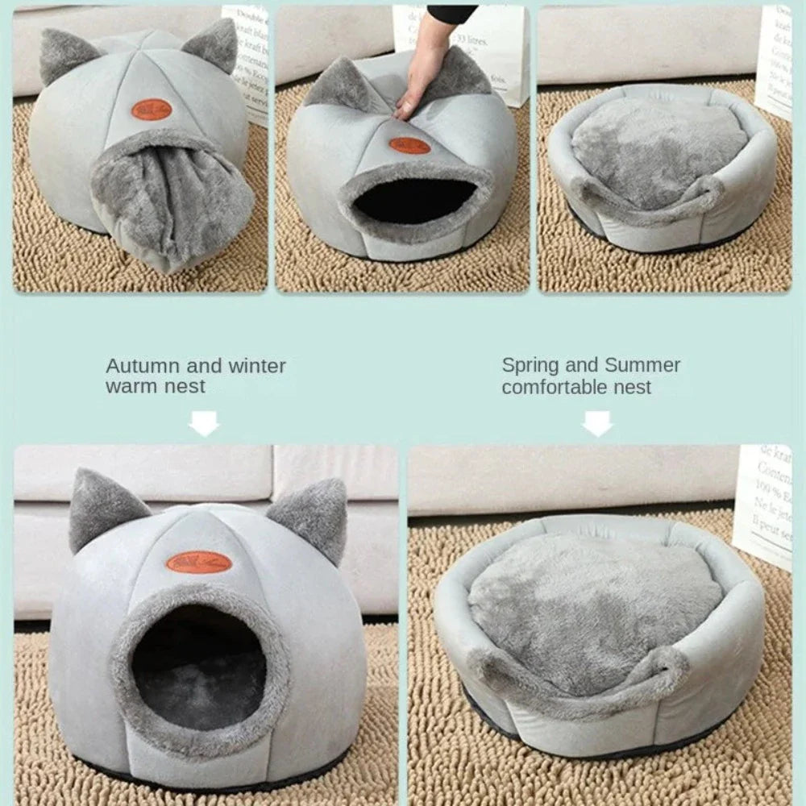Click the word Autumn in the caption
(x=143, y=366)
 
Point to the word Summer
(x=643, y=365)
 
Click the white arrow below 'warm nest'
(x=205, y=422)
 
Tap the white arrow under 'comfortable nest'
(x=598, y=422)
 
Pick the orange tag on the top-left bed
(x=153, y=110)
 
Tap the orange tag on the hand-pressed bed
(x=409, y=146)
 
